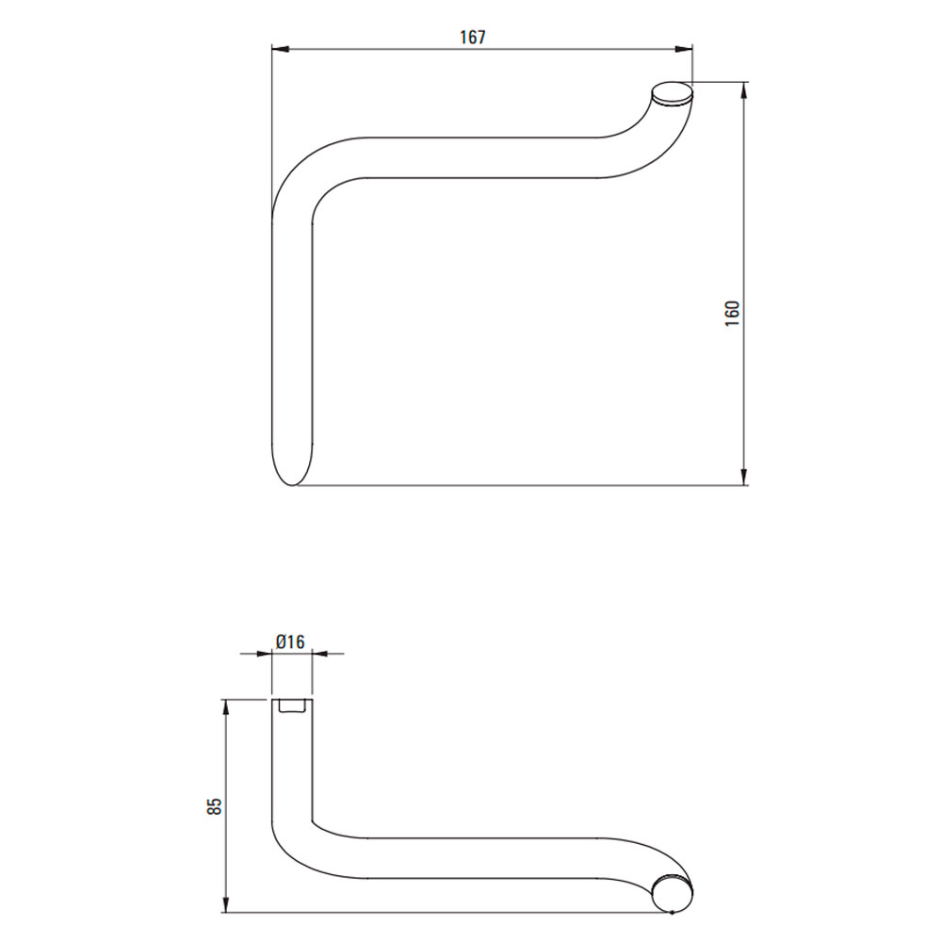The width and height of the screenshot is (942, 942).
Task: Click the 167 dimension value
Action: click(473, 38)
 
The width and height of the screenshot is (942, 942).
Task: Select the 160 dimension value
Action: click(732, 313)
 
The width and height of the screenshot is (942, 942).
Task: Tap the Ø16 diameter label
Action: click(290, 642)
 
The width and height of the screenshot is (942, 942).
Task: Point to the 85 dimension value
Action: click(215, 805)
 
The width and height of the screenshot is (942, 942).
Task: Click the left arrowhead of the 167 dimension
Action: click(281, 49)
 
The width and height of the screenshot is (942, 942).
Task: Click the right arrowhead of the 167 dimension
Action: click(684, 49)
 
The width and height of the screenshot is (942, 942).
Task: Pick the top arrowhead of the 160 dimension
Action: click(744, 90)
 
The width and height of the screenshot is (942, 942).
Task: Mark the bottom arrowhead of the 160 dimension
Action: click(744, 477)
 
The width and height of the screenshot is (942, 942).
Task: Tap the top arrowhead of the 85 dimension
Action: click(226, 708)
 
